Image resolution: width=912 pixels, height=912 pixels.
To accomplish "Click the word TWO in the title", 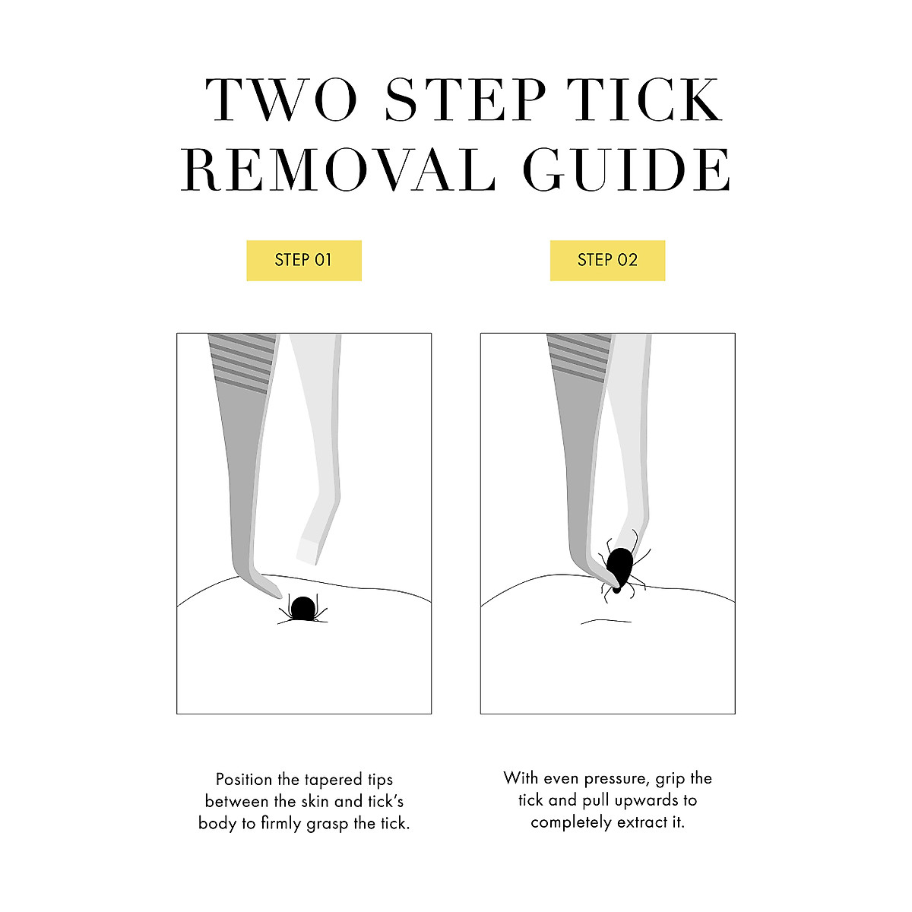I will tap(281, 100).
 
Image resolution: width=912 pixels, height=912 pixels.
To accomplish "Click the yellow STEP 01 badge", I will tap(304, 260).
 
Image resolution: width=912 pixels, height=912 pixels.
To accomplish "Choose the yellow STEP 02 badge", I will tap(608, 260).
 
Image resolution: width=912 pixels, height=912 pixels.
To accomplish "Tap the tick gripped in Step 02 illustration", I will tap(621, 566).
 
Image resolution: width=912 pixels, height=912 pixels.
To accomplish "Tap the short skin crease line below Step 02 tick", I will tap(606, 621).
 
